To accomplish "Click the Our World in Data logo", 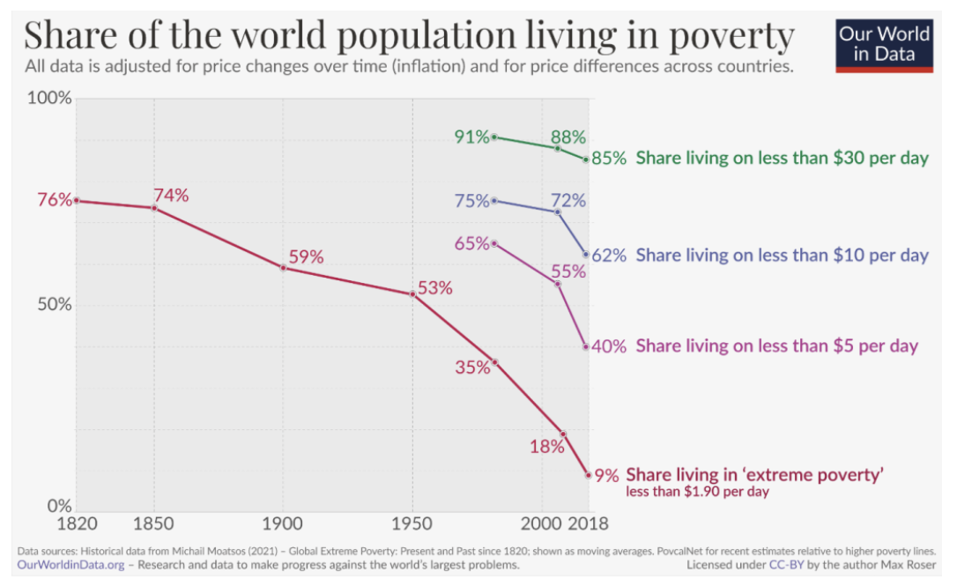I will tap(884, 44).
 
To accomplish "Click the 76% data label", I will tap(55, 200).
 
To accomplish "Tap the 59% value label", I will tap(307, 257).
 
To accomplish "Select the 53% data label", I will tap(434, 287).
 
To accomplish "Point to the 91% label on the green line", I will tap(471, 137).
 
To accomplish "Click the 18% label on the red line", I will tap(546, 447).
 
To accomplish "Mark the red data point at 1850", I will tap(154, 207).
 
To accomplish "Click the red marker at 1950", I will tap(412, 293).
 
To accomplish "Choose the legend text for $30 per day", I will tap(783, 159).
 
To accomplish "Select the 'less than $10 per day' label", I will tap(783, 256).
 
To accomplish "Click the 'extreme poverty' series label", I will tap(754, 475).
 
